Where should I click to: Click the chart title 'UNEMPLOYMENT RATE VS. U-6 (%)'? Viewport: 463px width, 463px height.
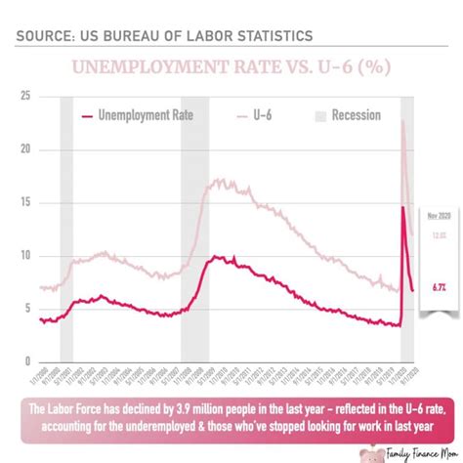coord(231,69)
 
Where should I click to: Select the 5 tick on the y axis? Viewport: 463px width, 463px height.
coord(27,308)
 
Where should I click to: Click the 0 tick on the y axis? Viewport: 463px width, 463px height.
coord(27,360)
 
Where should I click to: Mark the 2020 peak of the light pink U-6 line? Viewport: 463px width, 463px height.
coord(403,121)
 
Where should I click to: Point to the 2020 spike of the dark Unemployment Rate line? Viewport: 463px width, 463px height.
coord(404,207)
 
